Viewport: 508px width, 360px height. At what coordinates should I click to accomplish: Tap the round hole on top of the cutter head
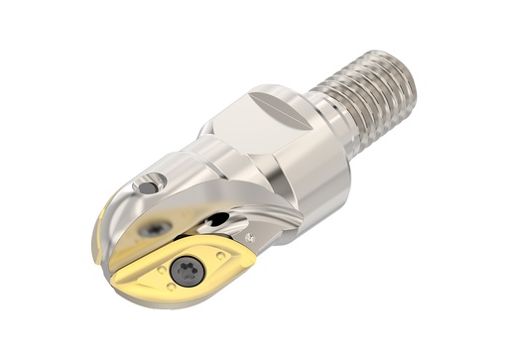pyautogui.click(x=149, y=185)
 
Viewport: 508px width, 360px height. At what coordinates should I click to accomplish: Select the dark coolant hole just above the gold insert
pyautogui.click(x=217, y=220)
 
